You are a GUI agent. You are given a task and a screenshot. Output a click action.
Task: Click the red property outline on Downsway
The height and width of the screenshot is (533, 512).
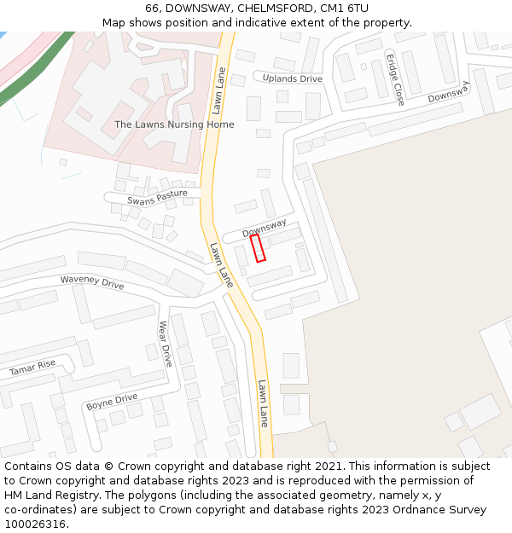[x=257, y=248]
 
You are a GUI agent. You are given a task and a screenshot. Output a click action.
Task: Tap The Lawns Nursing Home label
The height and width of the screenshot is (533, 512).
[x=174, y=125]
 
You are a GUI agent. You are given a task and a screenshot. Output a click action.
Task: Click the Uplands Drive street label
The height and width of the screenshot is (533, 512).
[x=293, y=78]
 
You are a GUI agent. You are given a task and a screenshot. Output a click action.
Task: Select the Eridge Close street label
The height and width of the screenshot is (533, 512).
[x=394, y=80]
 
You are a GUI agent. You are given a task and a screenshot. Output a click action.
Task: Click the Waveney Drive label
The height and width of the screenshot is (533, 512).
[x=92, y=282]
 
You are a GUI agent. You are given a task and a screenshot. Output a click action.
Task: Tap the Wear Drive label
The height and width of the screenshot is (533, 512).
[x=166, y=344]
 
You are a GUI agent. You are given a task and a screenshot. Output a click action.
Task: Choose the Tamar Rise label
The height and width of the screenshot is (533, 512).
[x=32, y=368]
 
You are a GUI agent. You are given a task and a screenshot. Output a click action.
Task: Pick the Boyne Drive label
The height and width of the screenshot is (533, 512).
[x=112, y=401]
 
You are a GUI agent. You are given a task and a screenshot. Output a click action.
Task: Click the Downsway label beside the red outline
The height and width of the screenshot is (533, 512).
[x=264, y=228]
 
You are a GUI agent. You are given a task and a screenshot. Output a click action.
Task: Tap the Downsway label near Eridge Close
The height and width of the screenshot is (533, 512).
[x=449, y=91]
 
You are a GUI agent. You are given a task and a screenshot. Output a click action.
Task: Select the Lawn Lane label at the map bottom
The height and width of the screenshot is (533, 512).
[x=263, y=403]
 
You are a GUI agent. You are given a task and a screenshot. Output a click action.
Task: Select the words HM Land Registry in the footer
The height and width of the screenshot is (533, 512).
[x=46, y=495]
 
